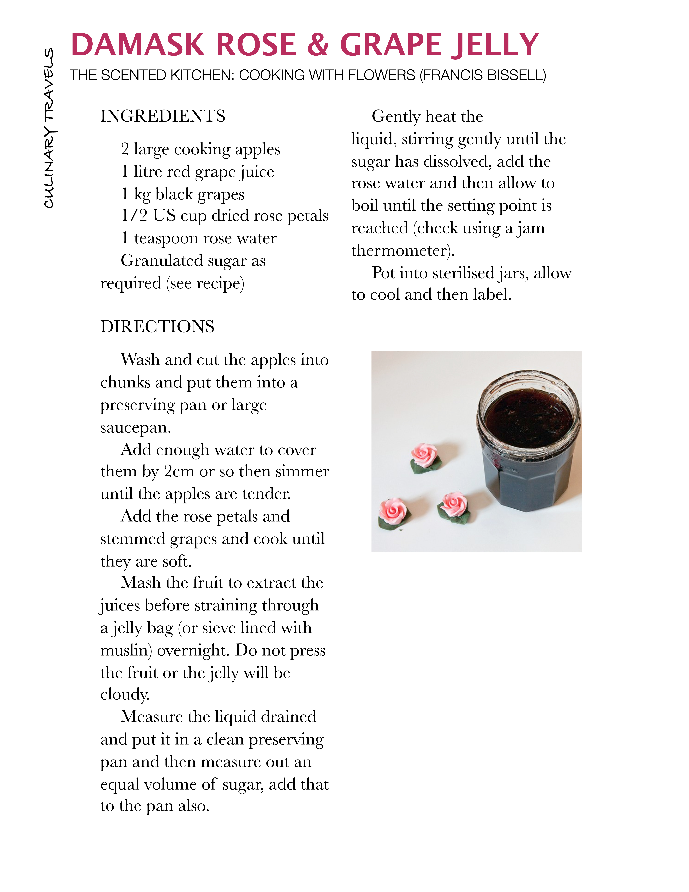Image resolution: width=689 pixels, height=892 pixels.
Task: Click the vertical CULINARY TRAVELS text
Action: tap(49, 128)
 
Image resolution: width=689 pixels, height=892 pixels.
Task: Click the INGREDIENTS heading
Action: tap(162, 116)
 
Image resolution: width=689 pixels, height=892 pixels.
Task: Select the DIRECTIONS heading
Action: tap(157, 327)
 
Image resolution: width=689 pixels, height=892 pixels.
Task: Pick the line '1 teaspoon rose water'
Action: tap(199, 238)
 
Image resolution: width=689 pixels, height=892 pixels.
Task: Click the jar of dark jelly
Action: tap(529, 441)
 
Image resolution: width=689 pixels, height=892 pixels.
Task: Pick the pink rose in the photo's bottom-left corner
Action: tap(393, 513)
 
